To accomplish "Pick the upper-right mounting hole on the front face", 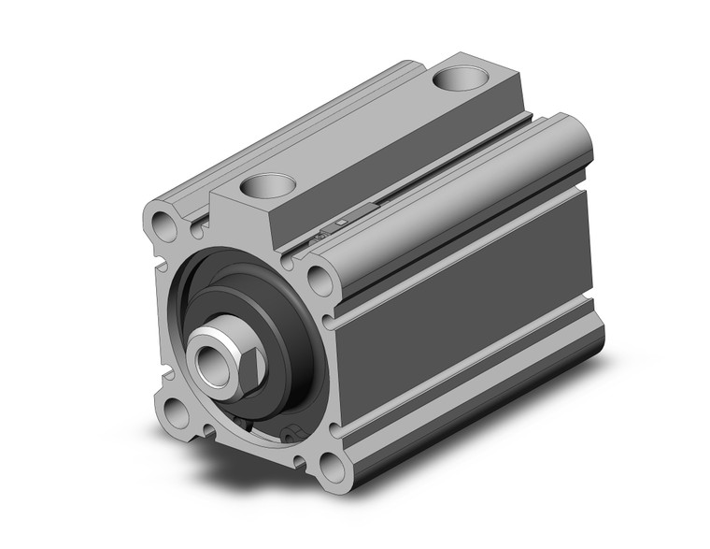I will [x=318, y=278].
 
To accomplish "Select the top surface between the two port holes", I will [x=364, y=131].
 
